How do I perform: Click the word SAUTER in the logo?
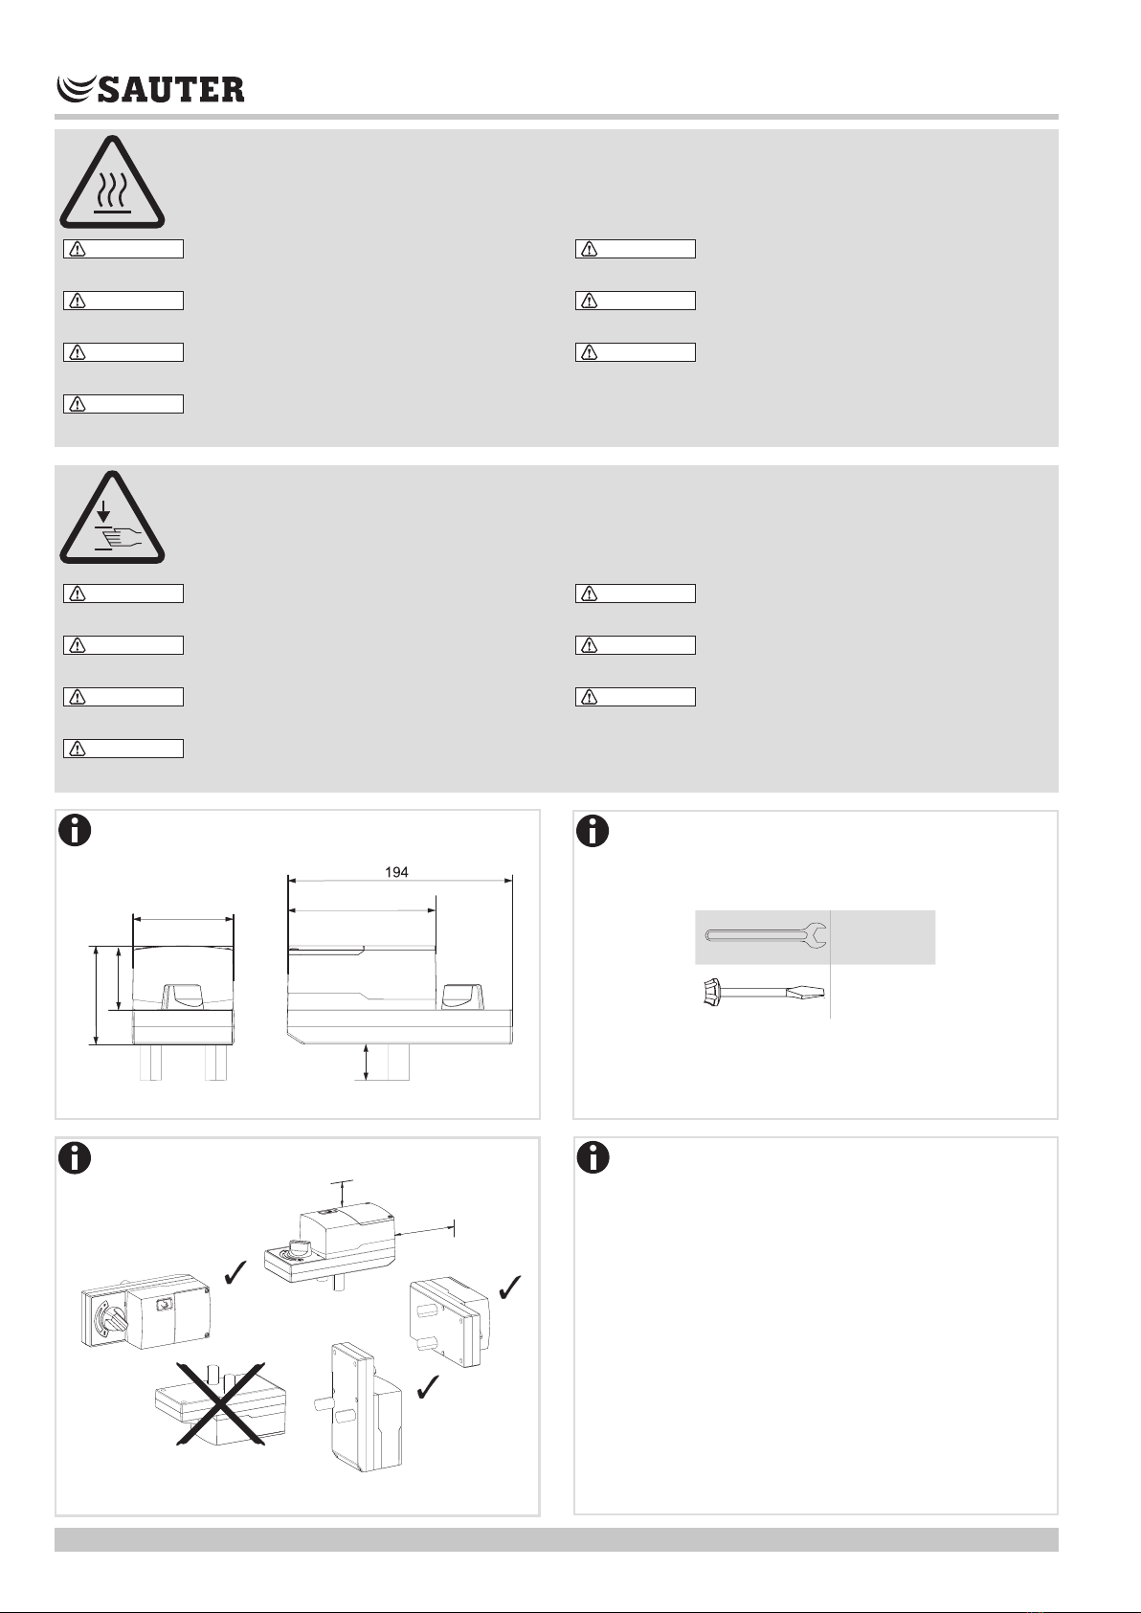(170, 89)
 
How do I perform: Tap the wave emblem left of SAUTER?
(76, 89)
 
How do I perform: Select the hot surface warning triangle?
(112, 182)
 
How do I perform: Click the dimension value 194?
(396, 872)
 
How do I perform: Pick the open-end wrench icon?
(767, 935)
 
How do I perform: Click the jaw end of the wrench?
(817, 935)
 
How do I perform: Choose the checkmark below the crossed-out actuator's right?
(428, 1386)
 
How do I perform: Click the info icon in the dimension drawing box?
(75, 830)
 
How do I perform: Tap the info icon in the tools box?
(593, 830)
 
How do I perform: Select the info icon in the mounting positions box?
(75, 1158)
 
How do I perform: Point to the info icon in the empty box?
(593, 1158)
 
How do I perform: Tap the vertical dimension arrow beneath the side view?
(367, 1063)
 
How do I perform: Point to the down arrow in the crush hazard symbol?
(103, 511)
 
